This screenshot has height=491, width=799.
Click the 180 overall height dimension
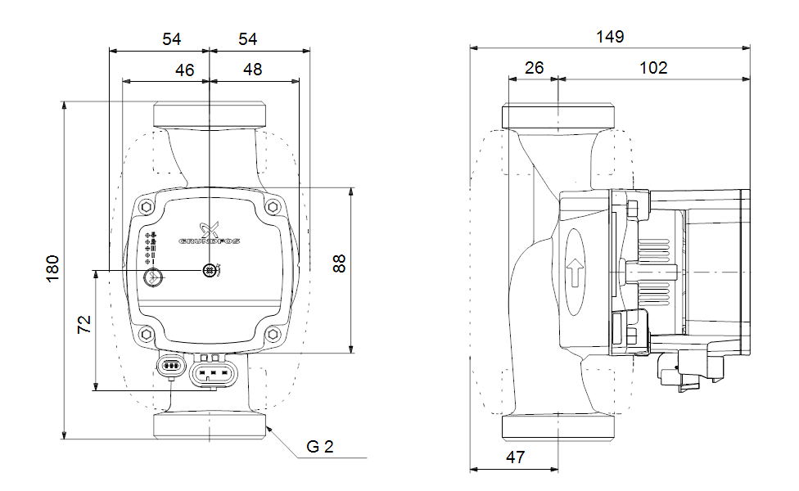pos(52,269)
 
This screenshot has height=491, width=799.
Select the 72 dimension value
pos(84,324)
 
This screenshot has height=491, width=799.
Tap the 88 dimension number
pos(340,264)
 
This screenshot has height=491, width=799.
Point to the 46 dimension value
pos(185,70)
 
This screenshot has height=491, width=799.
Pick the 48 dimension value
pos(253,70)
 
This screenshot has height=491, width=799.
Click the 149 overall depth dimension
pos(611,37)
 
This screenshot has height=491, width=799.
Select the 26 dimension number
pos(534,68)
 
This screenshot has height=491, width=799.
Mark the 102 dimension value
pos(653,68)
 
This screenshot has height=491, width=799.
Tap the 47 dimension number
pos(514,457)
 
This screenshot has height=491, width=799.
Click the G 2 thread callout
pos(320,447)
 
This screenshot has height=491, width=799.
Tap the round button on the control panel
pos(151,277)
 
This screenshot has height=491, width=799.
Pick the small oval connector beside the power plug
pos(170,365)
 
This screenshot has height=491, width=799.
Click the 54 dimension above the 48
pos(247,38)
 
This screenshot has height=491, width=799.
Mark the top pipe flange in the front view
pos(210,115)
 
